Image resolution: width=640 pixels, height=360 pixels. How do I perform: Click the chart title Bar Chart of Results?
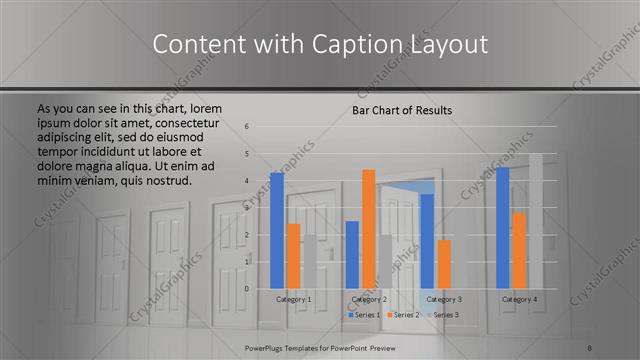pos(402,110)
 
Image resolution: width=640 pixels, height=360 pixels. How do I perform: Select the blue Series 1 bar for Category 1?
pos(277,230)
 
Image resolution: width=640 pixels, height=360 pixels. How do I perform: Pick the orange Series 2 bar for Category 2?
pos(368,228)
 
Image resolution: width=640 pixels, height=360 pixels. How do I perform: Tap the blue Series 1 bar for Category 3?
pos(427,241)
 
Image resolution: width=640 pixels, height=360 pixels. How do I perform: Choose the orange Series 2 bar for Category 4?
pos(519,250)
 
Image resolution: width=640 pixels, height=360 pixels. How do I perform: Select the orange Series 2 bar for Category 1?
pos(293,255)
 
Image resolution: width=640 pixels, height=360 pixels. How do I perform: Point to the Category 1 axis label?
pos(293,299)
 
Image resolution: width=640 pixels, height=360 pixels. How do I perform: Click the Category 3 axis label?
pos(443,299)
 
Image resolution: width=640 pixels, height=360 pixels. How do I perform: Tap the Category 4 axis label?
pos(519,299)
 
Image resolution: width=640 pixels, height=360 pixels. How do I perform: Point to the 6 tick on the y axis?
pos(247,127)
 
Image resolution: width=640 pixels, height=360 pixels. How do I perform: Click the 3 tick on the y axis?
pos(247,208)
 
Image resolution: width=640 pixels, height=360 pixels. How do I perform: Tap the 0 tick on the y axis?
pos(247,289)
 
